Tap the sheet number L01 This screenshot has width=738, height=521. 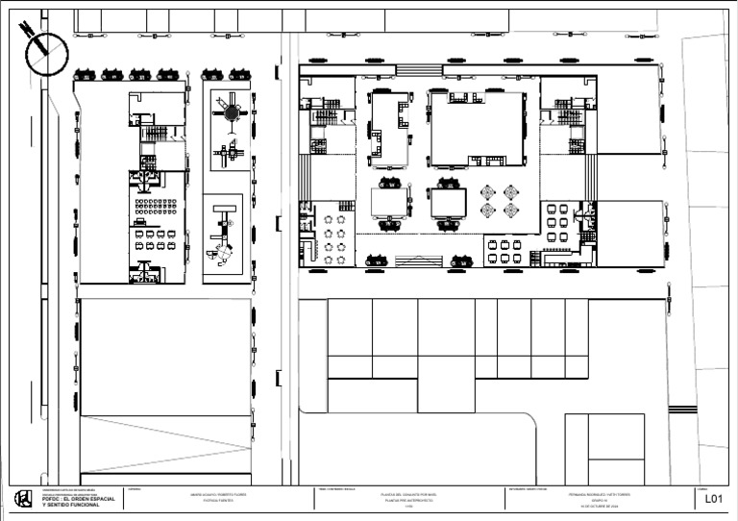coord(713,499)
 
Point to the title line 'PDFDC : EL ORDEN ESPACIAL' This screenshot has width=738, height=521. coord(79,499)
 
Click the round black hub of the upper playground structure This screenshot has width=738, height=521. coord(231,112)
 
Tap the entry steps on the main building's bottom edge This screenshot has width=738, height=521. coord(414,259)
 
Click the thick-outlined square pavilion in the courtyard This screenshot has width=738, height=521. coord(448,204)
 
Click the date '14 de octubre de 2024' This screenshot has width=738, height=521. coord(599,507)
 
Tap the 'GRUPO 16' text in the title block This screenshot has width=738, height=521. coord(599,501)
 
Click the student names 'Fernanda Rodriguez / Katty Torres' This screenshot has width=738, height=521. coord(599,495)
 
